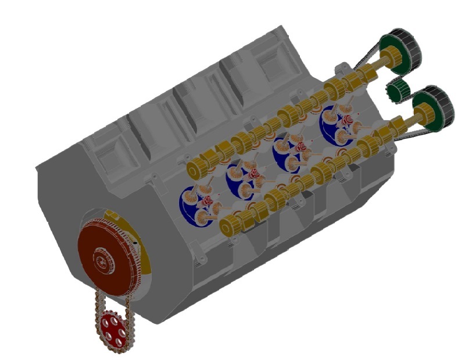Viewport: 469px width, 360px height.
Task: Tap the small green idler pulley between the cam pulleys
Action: coord(397,90)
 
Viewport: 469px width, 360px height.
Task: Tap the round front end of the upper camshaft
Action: coord(195,170)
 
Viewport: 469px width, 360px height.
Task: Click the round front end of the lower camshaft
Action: coord(228,224)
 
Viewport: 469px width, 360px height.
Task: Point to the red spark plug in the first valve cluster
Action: coord(206,201)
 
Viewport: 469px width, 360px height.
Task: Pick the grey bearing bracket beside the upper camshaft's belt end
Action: coord(343,69)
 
